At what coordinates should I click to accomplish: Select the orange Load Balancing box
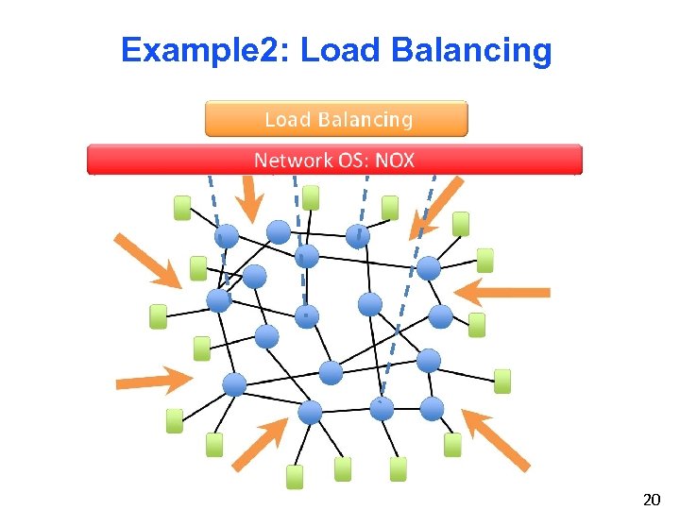tap(336, 119)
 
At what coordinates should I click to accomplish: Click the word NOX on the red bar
tap(395, 160)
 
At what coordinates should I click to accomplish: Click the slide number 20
tap(651, 500)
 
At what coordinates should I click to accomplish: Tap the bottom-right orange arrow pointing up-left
tap(495, 439)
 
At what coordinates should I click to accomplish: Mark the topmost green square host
tap(311, 197)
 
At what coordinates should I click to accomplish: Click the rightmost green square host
tap(502, 381)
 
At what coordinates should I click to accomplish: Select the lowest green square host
tap(296, 477)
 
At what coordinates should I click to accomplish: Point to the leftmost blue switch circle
tap(219, 300)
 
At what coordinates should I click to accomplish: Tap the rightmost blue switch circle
tap(441, 315)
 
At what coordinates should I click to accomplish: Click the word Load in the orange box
tap(286, 119)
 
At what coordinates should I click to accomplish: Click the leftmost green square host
tap(159, 316)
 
